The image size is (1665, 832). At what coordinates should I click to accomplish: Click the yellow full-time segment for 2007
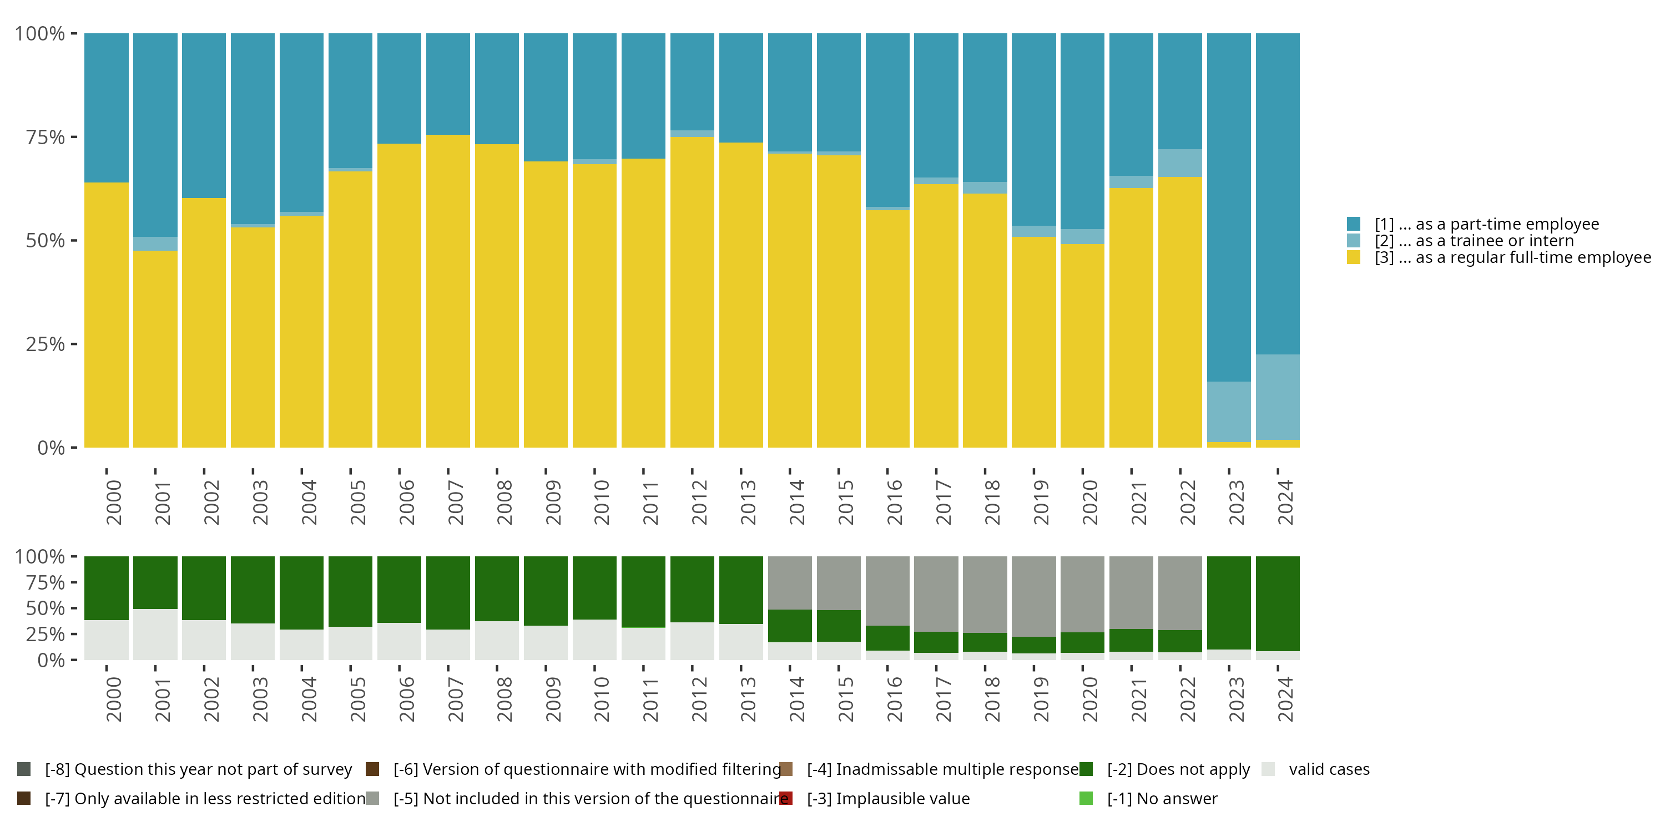(x=448, y=291)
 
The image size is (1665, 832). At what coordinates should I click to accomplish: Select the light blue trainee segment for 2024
(x=1277, y=397)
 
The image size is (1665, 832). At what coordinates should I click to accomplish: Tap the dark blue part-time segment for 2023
(x=1229, y=207)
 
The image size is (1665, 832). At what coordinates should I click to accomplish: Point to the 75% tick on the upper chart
(x=46, y=137)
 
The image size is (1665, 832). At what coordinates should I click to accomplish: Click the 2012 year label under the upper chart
(x=699, y=502)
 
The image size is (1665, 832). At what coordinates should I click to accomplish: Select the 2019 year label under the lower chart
(x=1041, y=699)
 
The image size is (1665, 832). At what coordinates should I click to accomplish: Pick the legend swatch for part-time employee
(x=1354, y=224)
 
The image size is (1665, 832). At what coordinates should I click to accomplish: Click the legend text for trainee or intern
(x=1474, y=241)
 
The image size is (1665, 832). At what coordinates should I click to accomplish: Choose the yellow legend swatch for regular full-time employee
(x=1354, y=258)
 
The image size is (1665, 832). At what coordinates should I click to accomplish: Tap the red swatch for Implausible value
(x=786, y=798)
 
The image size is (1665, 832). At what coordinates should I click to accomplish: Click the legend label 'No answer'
(x=1162, y=798)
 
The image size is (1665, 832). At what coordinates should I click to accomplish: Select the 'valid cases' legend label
(x=1329, y=769)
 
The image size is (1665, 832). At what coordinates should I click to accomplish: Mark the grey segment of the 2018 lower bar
(x=985, y=594)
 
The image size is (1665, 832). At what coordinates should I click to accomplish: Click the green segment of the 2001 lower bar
(x=155, y=582)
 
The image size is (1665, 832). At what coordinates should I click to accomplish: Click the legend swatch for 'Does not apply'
(x=1086, y=769)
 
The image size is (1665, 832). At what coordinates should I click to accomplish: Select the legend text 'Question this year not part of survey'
(x=199, y=769)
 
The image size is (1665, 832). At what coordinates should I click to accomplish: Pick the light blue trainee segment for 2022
(x=1179, y=163)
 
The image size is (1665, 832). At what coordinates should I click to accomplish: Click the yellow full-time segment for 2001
(x=155, y=349)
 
